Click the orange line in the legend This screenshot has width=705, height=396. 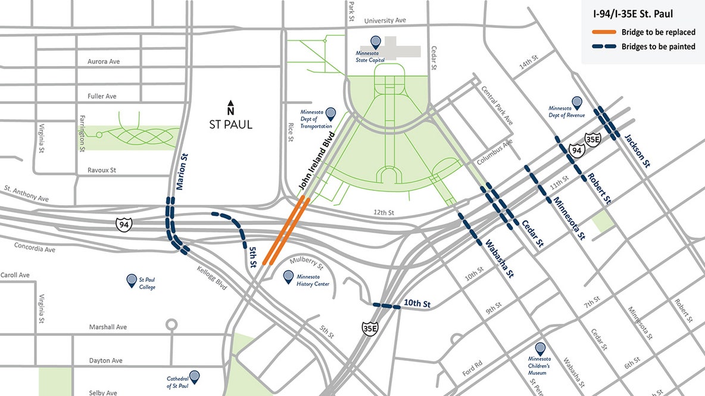click(x=603, y=32)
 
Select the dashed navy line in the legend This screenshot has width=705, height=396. click(x=603, y=46)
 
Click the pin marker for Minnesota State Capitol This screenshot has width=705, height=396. click(x=376, y=42)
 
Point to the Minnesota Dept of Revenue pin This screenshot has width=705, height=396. click(x=576, y=103)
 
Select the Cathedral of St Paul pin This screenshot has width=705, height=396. click(x=195, y=376)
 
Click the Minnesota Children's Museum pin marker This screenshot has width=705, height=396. click(x=540, y=349)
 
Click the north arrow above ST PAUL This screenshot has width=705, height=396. click(x=230, y=109)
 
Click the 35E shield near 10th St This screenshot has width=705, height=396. click(x=369, y=328)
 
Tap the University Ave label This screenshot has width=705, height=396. click(x=385, y=20)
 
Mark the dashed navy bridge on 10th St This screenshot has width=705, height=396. click(x=387, y=306)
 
